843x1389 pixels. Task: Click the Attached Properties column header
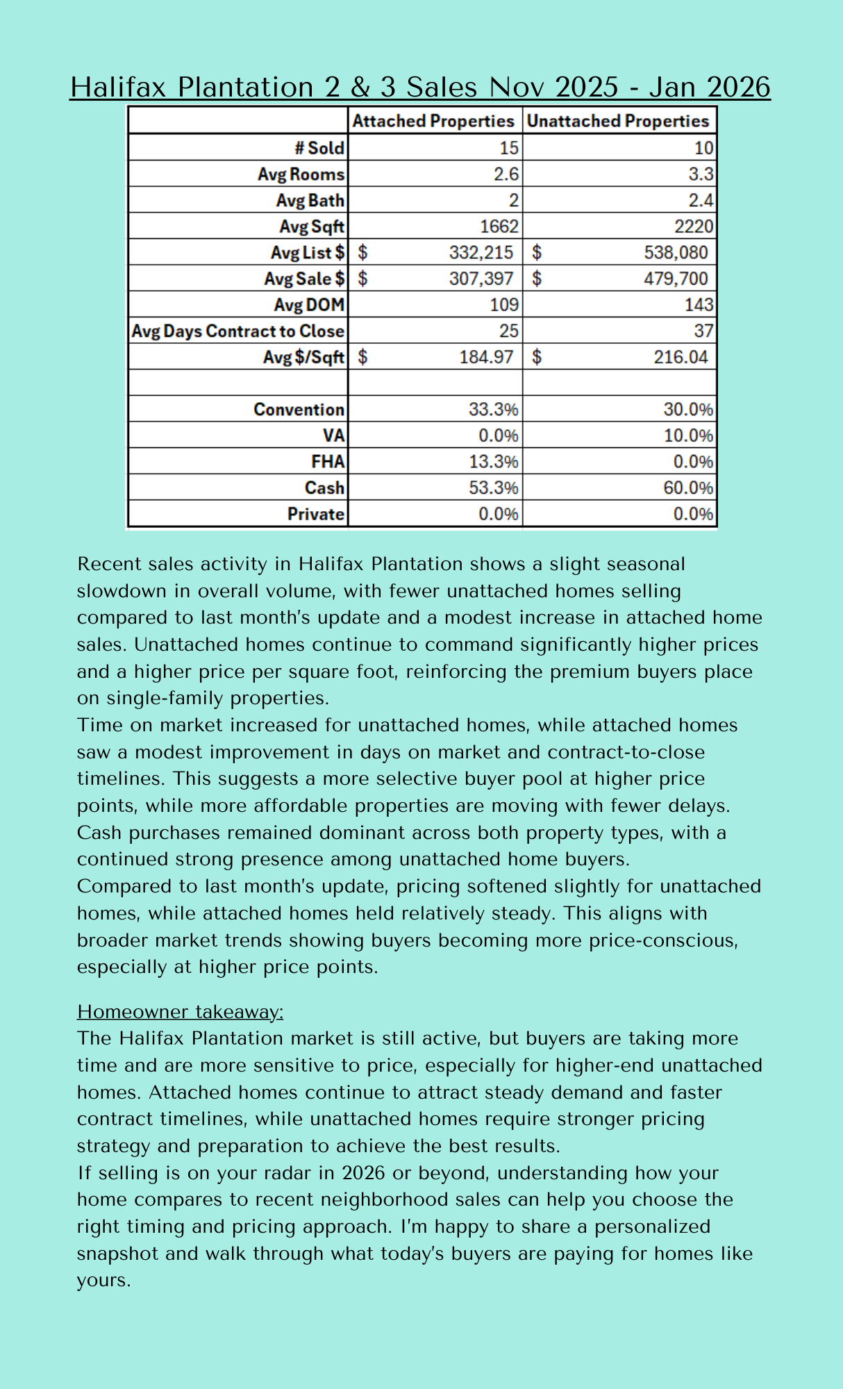(x=433, y=121)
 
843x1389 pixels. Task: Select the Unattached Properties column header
(x=618, y=121)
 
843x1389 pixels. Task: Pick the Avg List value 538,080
(x=676, y=253)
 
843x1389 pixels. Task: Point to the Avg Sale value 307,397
(x=481, y=278)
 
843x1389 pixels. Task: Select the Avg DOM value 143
(x=699, y=305)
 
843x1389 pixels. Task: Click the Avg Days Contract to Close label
(x=237, y=331)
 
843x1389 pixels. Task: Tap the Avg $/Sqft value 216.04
(x=681, y=357)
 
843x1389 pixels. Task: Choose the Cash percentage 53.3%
(x=493, y=488)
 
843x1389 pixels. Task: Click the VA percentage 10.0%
(x=687, y=436)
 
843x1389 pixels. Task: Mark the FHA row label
(x=328, y=462)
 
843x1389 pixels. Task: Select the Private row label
(x=316, y=515)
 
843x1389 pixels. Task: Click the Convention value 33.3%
(x=493, y=410)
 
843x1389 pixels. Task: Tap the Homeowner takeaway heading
(x=181, y=1012)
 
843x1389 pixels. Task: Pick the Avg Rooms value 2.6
(x=506, y=174)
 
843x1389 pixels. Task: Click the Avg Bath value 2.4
(x=701, y=201)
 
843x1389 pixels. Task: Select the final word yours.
(x=103, y=1280)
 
